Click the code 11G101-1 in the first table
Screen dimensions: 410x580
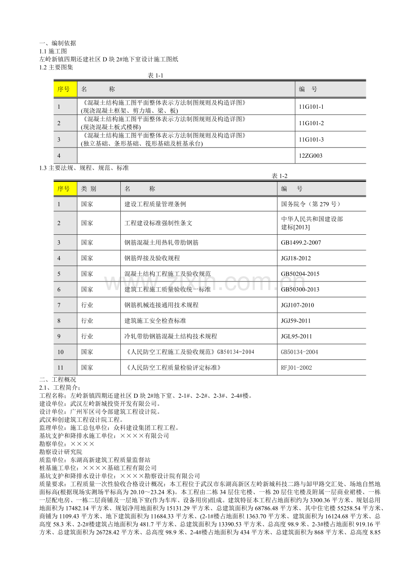pyautogui.click(x=311, y=107)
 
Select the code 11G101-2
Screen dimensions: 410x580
pyautogui.click(x=311, y=123)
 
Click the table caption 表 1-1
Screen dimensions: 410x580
pyautogui.click(x=156, y=76)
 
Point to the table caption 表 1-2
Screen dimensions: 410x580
pyautogui.click(x=280, y=176)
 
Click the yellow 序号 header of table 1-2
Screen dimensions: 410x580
pyautogui.click(x=64, y=189)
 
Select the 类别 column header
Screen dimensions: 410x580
pyautogui.click(x=88, y=189)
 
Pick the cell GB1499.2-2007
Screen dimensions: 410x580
pyautogui.click(x=301, y=243)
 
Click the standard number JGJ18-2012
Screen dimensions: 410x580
pyautogui.click(x=296, y=258)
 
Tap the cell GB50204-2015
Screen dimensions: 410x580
pyautogui.click(x=300, y=274)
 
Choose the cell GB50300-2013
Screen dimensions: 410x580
pyautogui.click(x=300, y=290)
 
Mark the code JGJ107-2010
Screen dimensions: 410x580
pyautogui.click(x=298, y=305)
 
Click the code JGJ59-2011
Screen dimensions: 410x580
pyautogui.click(x=296, y=321)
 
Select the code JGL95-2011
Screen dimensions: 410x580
pyautogui.click(x=296, y=336)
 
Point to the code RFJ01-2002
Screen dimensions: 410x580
pyautogui.click(x=296, y=368)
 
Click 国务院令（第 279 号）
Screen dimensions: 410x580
pyautogui.click(x=311, y=204)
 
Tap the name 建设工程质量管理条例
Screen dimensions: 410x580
pyautogui.click(x=155, y=204)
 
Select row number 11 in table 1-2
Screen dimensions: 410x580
pyautogui.click(x=60, y=368)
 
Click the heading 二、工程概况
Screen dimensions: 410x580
pyautogui.click(x=57, y=380)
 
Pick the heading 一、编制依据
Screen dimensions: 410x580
pyautogui.click(x=57, y=43)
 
